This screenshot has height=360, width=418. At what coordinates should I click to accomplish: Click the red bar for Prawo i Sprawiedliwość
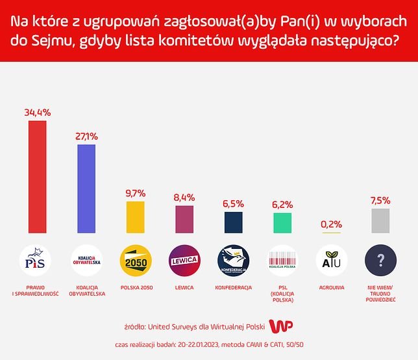point(37,176)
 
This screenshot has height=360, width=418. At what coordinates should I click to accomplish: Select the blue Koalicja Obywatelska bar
point(86,188)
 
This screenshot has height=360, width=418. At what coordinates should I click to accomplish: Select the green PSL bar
point(282,222)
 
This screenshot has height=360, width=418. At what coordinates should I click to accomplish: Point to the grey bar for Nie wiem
point(380,220)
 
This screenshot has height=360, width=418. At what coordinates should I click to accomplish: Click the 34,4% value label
point(37,112)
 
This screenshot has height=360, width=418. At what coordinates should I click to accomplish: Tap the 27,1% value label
point(86,136)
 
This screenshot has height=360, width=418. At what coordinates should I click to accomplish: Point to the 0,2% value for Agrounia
point(331,224)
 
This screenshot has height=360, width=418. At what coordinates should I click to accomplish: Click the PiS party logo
point(37,261)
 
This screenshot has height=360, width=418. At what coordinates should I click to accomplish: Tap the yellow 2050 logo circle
point(135,261)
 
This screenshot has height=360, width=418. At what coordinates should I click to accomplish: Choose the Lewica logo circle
point(184,261)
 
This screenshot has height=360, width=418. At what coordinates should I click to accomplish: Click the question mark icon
point(380,261)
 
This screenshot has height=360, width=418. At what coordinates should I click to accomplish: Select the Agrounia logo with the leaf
point(331,261)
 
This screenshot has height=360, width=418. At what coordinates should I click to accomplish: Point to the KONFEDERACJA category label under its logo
point(233,287)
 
